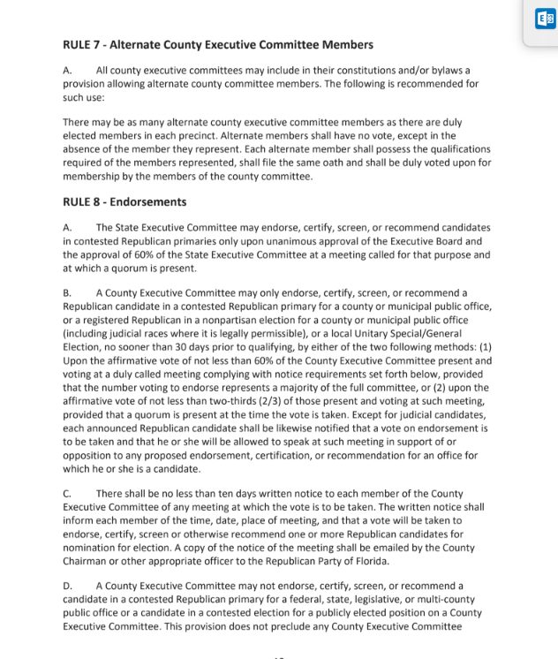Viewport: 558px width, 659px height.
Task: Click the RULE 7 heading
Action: tap(217, 45)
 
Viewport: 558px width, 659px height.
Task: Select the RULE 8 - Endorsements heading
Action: tap(124, 201)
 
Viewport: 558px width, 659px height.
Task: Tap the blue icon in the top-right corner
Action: tap(543, 19)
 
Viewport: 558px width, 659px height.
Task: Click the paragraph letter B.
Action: tap(67, 292)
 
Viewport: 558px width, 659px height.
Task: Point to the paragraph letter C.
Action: tap(67, 493)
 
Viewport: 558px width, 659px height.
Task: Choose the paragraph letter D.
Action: tap(67, 586)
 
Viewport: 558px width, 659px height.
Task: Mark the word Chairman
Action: tap(89, 561)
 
